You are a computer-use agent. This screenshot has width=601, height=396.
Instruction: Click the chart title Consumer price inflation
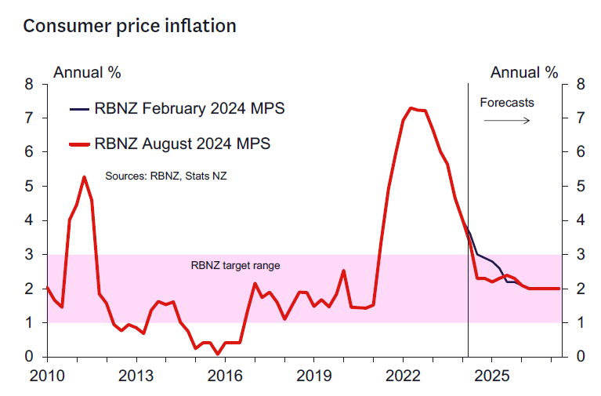[129, 26]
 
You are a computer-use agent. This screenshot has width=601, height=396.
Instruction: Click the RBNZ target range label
[235, 266]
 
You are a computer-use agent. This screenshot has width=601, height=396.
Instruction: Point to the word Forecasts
[506, 103]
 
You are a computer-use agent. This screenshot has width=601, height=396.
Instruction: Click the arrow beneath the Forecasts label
[506, 120]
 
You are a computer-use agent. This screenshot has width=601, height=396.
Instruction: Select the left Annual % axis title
[86, 73]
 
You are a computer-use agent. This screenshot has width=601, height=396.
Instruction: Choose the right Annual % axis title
[524, 73]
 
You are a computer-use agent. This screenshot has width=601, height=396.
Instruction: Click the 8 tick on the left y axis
[29, 85]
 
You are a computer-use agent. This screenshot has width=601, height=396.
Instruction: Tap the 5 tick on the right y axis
[581, 187]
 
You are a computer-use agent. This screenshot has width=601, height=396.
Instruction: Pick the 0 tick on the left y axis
[29, 357]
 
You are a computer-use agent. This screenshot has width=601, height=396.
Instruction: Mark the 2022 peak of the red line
[411, 107]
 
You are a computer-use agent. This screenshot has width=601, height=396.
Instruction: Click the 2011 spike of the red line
[84, 177]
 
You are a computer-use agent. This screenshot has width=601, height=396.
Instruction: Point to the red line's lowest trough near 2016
[218, 354]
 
